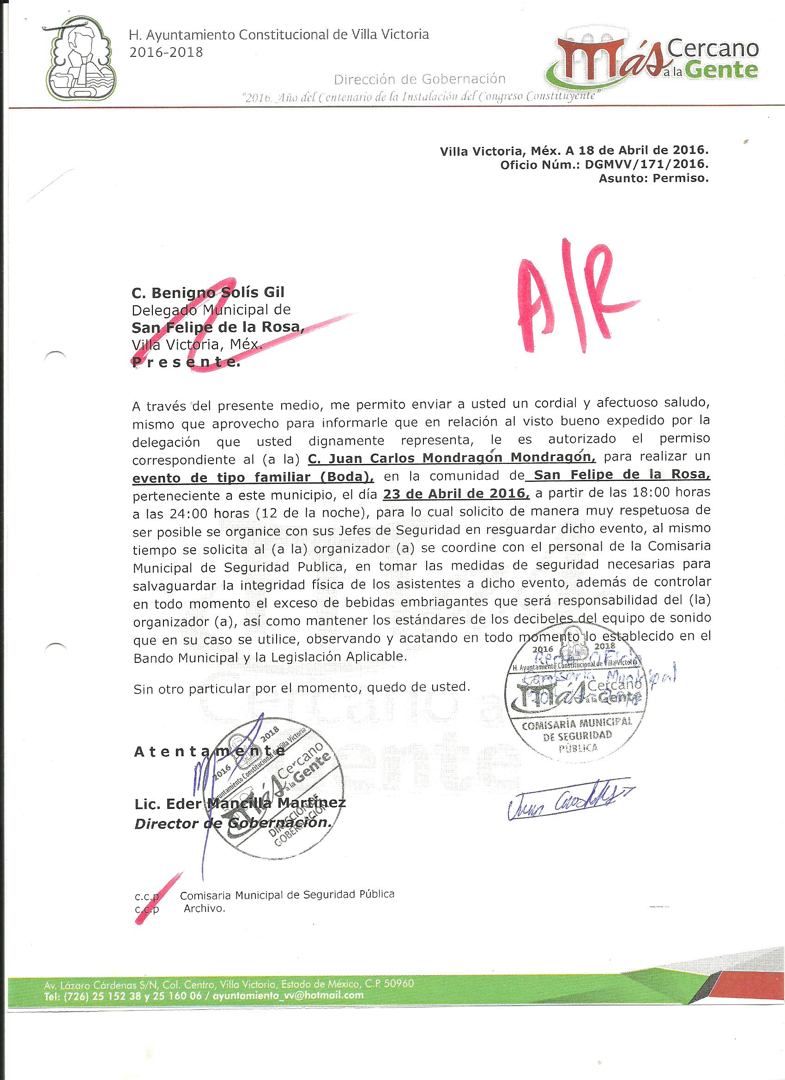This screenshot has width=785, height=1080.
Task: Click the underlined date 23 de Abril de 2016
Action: (456, 493)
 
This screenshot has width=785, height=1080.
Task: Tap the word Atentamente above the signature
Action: (210, 752)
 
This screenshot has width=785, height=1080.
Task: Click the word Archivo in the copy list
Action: (204, 908)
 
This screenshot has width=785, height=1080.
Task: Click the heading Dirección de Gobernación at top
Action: (419, 79)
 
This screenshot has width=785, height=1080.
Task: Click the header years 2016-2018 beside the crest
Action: (166, 52)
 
